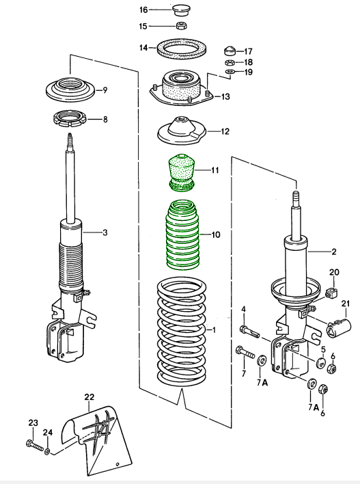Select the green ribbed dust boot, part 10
point(182,234)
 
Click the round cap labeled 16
point(181,10)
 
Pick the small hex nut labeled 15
point(181,27)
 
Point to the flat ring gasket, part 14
point(182,49)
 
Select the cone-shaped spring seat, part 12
point(182,131)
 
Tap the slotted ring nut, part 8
point(71,119)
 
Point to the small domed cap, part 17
point(230,51)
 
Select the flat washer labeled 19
point(230,71)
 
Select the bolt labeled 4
point(249,332)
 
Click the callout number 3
point(105,233)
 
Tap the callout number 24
point(47,432)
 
